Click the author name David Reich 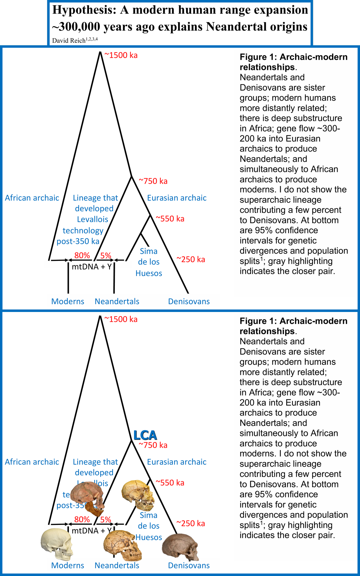69,40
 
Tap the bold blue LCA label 145,435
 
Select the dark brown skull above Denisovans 180,547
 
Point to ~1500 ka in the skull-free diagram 121,55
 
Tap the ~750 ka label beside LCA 153,445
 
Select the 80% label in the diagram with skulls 82,519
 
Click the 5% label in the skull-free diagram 106,255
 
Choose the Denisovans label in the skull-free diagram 189,301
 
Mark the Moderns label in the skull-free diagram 68,301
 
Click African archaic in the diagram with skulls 32,462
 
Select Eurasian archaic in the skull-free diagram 177,198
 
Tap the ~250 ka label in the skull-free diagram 191,259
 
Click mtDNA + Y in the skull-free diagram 92,267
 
